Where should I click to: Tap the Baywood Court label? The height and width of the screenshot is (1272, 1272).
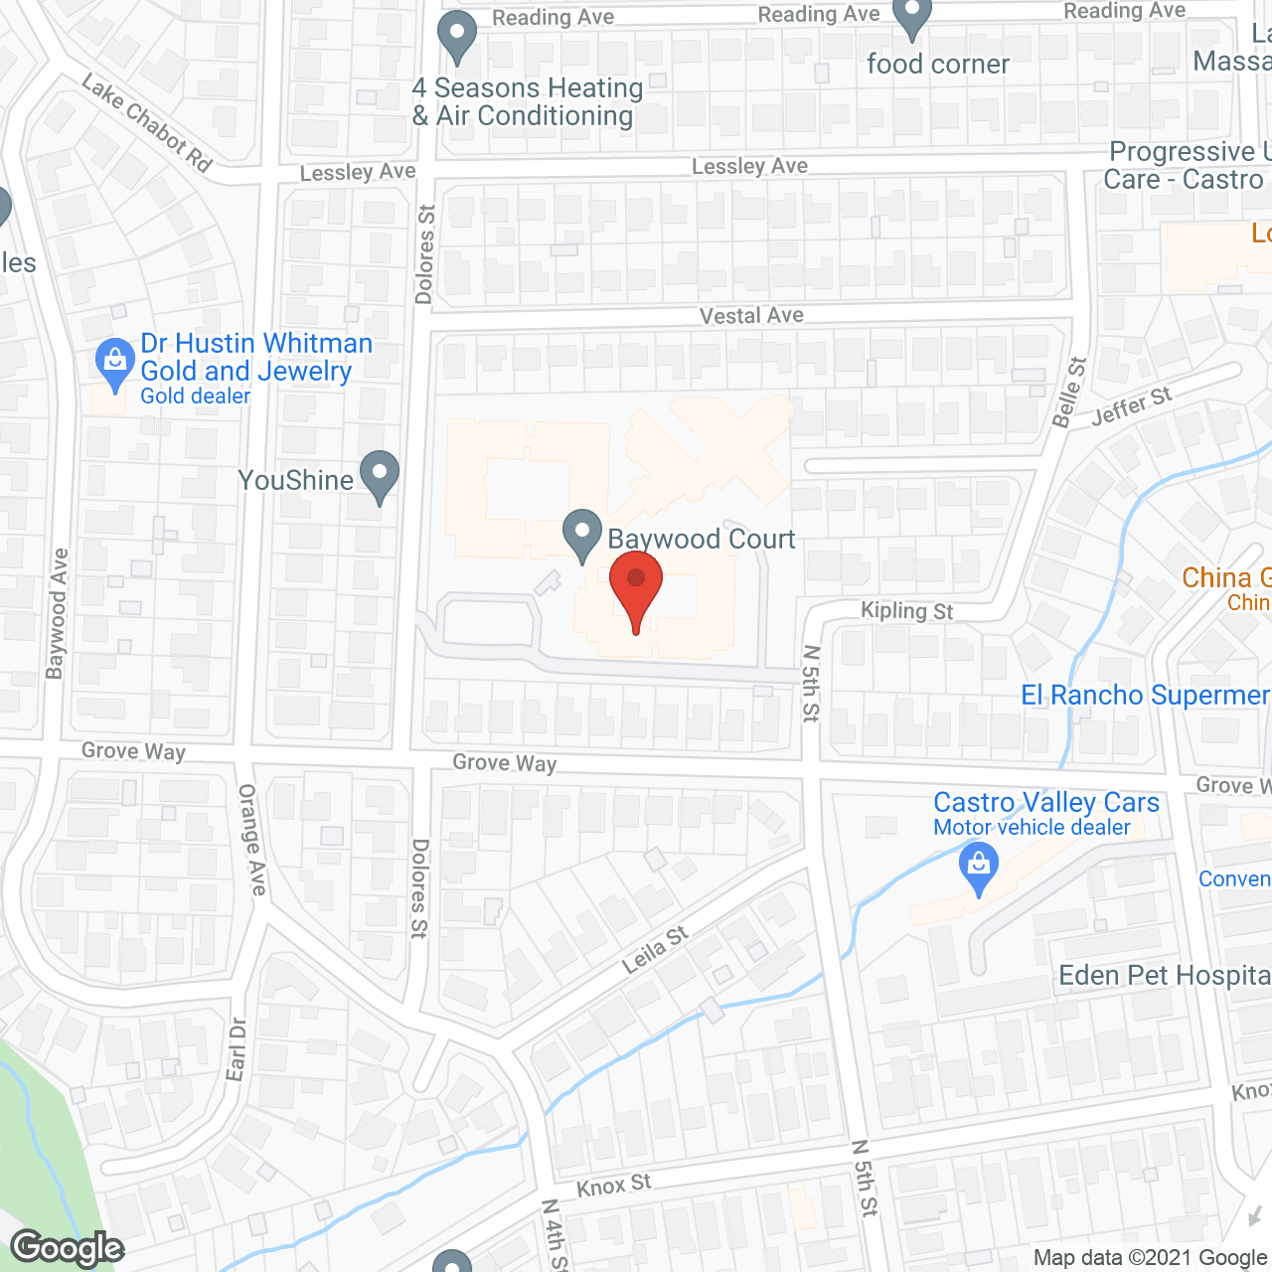(702, 539)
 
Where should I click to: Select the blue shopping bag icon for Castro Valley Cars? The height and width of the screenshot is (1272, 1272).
(979, 868)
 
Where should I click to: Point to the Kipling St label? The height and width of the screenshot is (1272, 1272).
(906, 610)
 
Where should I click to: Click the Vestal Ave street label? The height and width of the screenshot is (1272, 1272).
(751, 316)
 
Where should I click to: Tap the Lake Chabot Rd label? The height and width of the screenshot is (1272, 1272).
(147, 122)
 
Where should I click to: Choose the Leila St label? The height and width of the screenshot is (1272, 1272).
(655, 950)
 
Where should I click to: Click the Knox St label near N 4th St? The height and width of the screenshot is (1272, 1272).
(613, 1185)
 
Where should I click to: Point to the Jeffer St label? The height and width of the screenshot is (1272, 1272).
(1131, 406)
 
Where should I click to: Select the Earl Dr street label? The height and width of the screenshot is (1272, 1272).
(237, 1048)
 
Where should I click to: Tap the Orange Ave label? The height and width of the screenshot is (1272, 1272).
(251, 839)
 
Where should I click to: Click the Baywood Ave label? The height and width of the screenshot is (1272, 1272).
(57, 613)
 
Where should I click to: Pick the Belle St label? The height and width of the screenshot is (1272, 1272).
(1069, 393)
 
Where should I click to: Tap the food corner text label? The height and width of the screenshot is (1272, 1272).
(937, 65)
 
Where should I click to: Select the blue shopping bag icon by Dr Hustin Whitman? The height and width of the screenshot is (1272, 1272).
(115, 363)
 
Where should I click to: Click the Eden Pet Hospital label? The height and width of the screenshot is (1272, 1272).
(1164, 976)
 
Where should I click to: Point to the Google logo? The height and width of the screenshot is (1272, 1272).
(68, 1248)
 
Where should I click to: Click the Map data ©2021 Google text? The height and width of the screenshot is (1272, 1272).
(1150, 1258)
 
